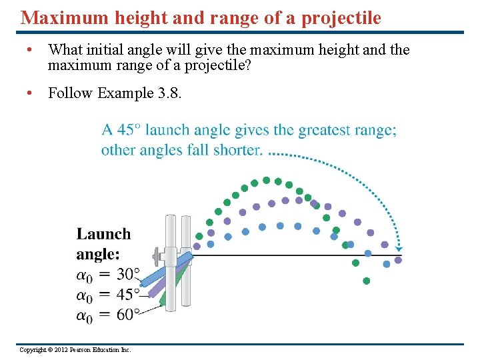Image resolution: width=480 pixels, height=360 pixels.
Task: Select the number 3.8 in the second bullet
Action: click(171, 93)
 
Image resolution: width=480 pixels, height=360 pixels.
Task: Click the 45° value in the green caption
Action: click(128, 130)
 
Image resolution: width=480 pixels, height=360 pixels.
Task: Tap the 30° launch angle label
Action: click(128, 275)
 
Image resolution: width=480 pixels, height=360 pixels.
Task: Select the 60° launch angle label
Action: click(128, 315)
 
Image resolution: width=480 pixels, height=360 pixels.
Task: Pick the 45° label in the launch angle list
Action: click(128, 295)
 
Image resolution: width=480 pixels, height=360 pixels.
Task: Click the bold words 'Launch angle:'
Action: click(103, 243)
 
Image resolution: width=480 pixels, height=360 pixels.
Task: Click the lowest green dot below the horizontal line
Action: click(367, 281)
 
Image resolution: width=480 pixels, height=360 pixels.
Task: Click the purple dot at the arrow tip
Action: click(398, 260)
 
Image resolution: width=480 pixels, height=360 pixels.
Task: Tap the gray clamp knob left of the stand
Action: click(157, 255)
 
